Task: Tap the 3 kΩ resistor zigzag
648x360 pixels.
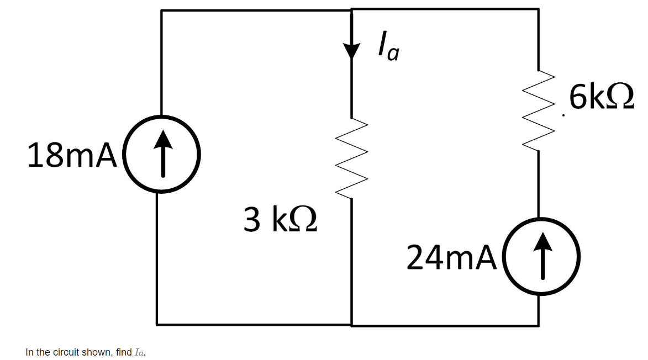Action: click(x=351, y=160)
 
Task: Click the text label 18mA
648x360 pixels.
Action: click(x=72, y=156)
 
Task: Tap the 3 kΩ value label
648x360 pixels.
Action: click(x=280, y=219)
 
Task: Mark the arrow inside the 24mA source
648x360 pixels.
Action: click(x=541, y=256)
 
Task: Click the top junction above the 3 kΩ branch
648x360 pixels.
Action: click(x=351, y=10)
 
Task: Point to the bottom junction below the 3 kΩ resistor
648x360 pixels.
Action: click(x=351, y=324)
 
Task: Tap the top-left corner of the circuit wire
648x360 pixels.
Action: click(x=161, y=10)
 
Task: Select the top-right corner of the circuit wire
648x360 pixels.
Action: click(x=538, y=9)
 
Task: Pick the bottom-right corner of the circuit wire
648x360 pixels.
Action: click(x=539, y=325)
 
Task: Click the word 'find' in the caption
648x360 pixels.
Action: click(x=124, y=352)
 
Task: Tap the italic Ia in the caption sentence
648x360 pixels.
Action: click(x=139, y=352)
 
